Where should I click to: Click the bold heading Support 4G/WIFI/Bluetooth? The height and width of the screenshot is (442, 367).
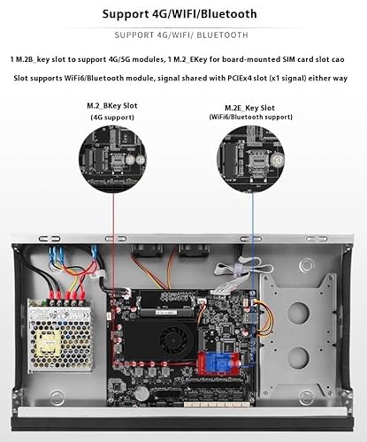180,14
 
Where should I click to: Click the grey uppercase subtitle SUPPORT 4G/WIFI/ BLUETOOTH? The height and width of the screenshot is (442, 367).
181,35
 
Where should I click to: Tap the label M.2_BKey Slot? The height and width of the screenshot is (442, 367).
112,106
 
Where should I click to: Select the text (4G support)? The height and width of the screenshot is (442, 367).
112,118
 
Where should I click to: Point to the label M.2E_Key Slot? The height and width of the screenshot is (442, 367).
249,108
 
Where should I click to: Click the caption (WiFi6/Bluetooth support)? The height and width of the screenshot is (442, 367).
251,117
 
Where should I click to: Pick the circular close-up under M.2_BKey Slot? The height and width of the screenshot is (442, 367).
112,159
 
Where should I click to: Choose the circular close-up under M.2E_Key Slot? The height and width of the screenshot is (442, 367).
250,159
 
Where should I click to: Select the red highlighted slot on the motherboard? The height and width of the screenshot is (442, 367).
218,363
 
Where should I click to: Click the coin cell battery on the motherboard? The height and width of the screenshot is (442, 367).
143,392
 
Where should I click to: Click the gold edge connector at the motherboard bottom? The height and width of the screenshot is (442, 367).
218,404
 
